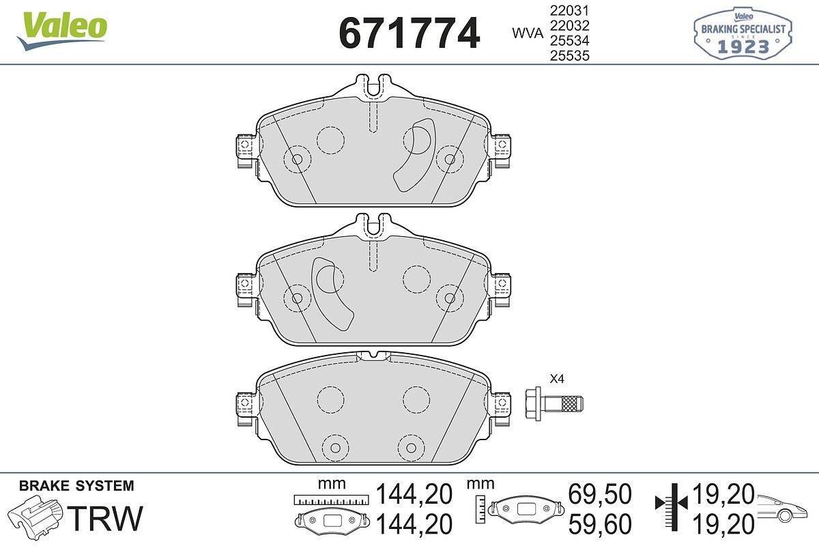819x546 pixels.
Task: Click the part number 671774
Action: point(409,33)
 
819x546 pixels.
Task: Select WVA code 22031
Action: point(570,11)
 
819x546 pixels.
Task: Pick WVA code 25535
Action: point(570,55)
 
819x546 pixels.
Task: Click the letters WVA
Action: point(528,33)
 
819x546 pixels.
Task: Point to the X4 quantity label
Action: point(557,379)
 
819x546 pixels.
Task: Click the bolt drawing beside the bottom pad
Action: point(554,404)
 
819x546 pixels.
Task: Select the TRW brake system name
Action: point(106,518)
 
